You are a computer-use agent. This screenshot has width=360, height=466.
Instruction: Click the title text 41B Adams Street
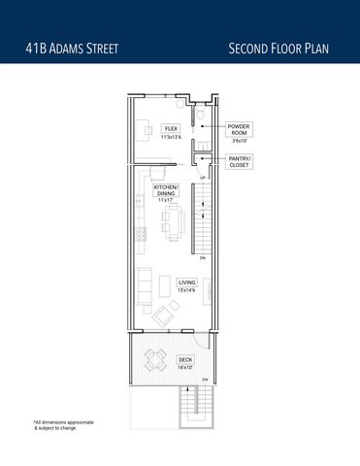pyautogui.click(x=74, y=48)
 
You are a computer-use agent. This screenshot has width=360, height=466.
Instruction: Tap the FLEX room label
pyautogui.click(x=171, y=128)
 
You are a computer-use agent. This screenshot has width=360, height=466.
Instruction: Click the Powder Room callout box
pyautogui.click(x=239, y=133)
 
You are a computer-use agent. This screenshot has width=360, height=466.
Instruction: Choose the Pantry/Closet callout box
pyautogui.click(x=239, y=162)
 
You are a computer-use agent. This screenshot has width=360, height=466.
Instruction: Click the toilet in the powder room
pyautogui.click(x=198, y=117)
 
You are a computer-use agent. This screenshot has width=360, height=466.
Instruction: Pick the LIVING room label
pyautogui.click(x=186, y=283)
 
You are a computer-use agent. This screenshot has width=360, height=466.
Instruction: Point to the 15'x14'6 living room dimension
pyautogui.click(x=186, y=290)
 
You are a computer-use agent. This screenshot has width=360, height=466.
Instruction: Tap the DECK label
pyautogui.click(x=184, y=360)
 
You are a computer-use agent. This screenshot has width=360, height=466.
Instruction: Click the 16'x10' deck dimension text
pyautogui.click(x=184, y=368)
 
